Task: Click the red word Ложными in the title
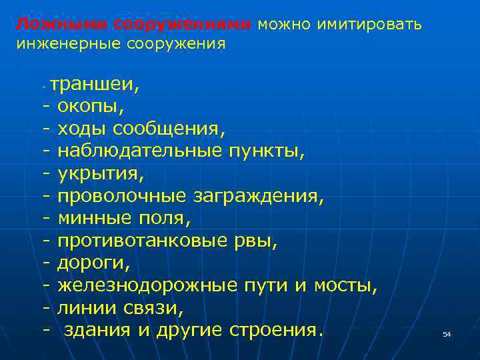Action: point(61,25)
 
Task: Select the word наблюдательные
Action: point(139,151)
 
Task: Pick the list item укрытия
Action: point(101,173)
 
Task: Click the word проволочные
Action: point(123,196)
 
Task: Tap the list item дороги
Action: point(94,263)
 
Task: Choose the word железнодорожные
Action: point(147,286)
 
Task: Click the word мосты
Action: point(345,286)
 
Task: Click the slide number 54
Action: point(447,334)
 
